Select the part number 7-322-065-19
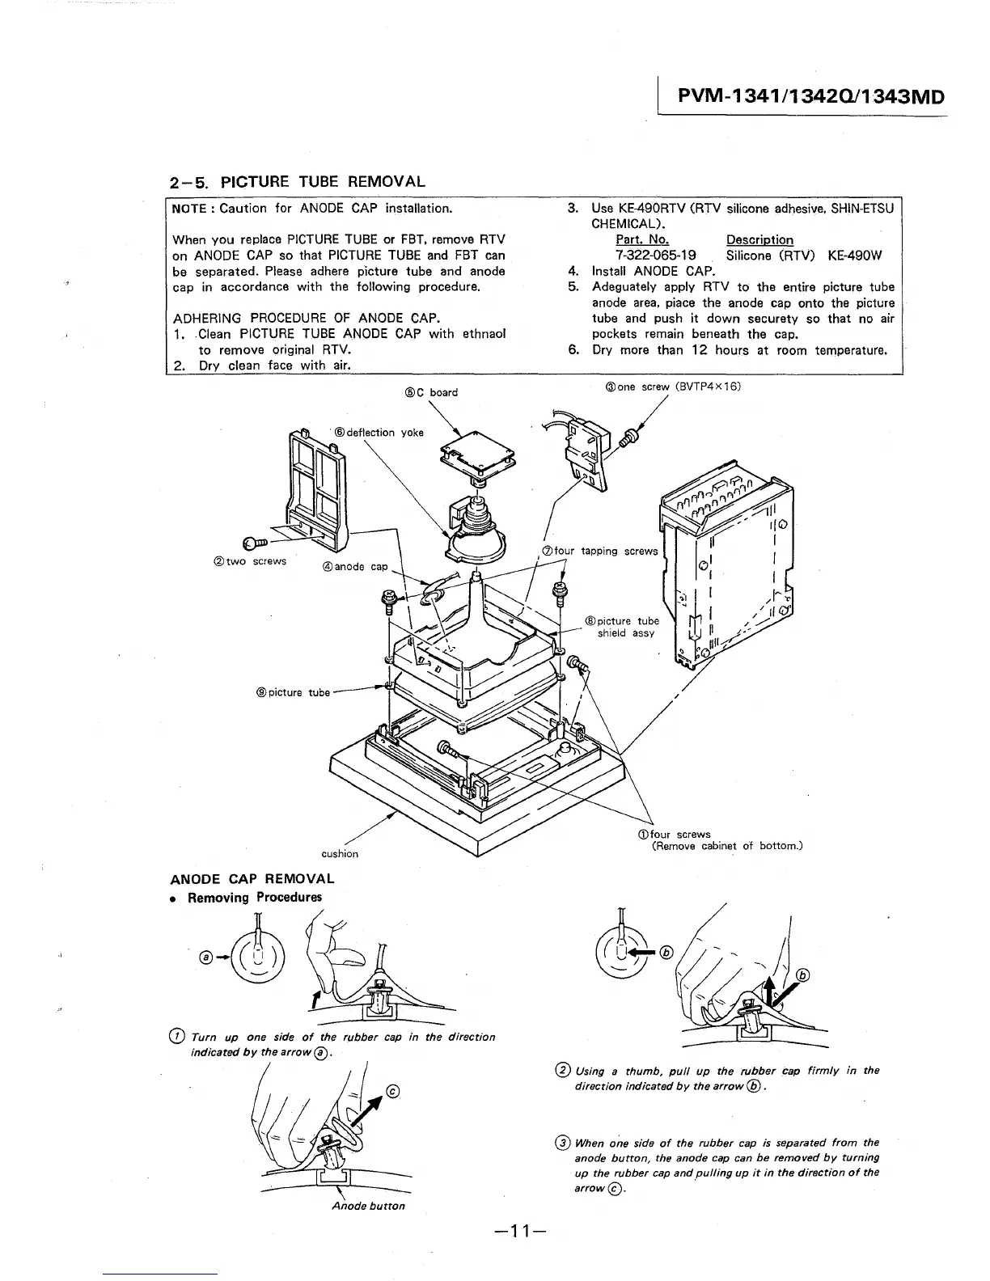coord(656,256)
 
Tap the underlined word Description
coord(759,240)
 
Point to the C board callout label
coord(431,393)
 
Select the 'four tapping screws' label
coord(599,552)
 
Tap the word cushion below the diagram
coord(340,853)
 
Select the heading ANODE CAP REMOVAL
coord(252,879)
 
